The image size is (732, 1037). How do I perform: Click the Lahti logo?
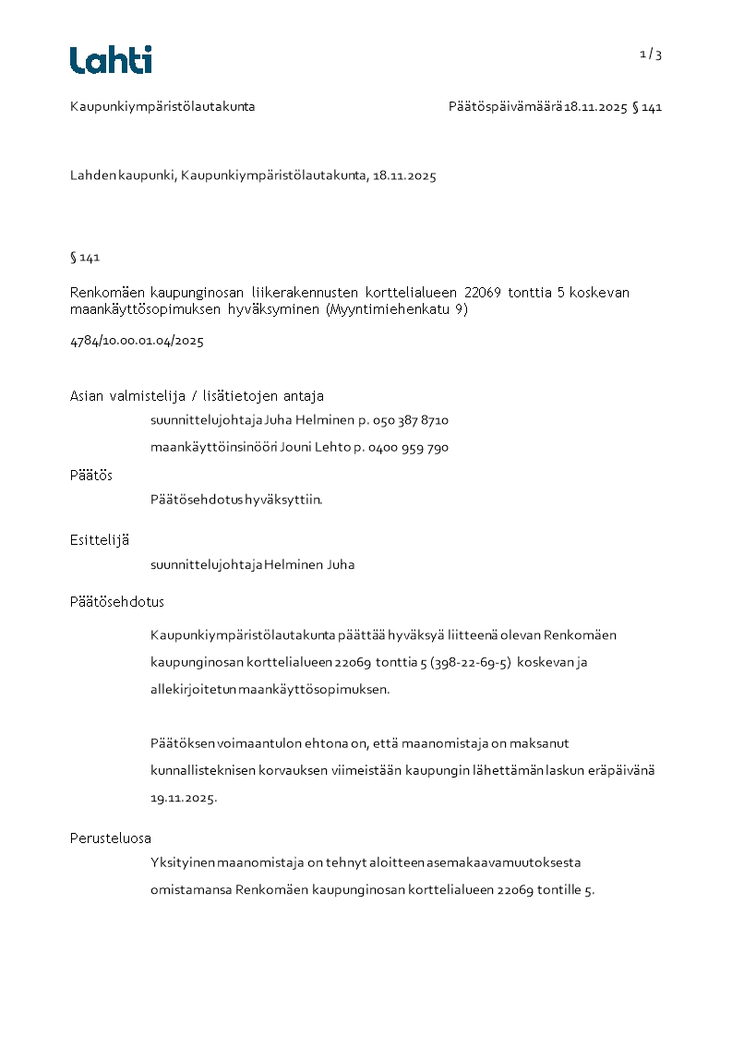pyautogui.click(x=111, y=60)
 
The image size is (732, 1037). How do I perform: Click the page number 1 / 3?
pyautogui.click(x=651, y=54)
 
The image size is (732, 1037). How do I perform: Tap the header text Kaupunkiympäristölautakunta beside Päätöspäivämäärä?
pyautogui.click(x=162, y=107)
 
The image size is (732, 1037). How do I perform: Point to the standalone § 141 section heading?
pyautogui.click(x=85, y=257)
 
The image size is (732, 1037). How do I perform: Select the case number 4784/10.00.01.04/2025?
pyautogui.click(x=137, y=341)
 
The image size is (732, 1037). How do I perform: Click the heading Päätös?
pyautogui.click(x=91, y=476)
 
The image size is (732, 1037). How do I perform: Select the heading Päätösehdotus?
pyautogui.click(x=117, y=602)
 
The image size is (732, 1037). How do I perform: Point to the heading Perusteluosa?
pyautogui.click(x=111, y=838)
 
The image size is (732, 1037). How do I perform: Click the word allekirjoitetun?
pyautogui.click(x=193, y=690)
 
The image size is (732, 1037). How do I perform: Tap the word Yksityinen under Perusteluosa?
pyautogui.click(x=182, y=863)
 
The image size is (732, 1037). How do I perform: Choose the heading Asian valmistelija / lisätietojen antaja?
pyautogui.click(x=197, y=396)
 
